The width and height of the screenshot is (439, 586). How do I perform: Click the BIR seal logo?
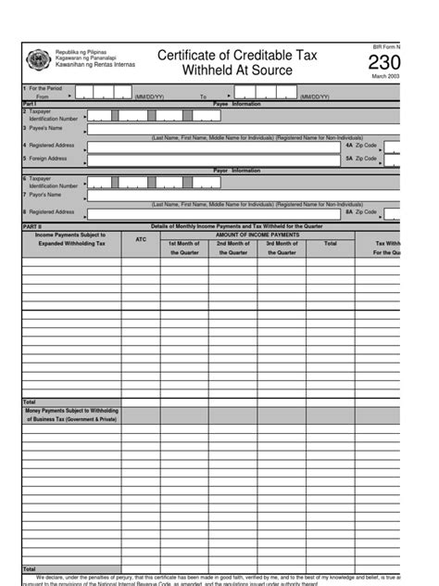pyautogui.click(x=38, y=59)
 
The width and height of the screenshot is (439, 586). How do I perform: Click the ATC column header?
pyautogui.click(x=141, y=239)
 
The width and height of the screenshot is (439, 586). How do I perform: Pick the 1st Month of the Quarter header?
pyautogui.click(x=184, y=248)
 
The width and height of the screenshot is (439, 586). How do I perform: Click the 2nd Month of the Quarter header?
pyautogui.click(x=233, y=248)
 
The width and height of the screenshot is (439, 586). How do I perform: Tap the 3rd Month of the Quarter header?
pyautogui.click(x=282, y=248)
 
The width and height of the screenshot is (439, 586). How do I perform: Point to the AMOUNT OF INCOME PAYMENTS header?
pyautogui.click(x=257, y=235)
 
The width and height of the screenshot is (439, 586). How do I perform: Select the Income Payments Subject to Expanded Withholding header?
pyautogui.click(x=71, y=239)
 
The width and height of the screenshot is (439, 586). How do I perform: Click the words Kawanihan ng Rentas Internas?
pyautogui.click(x=95, y=65)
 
